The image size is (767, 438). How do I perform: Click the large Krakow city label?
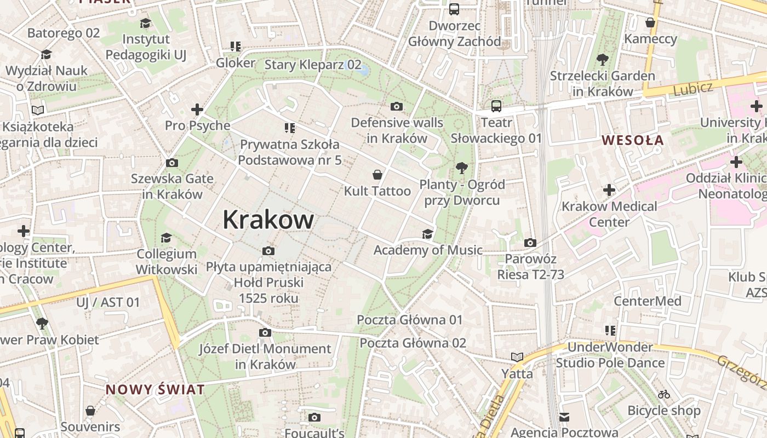click(x=268, y=220)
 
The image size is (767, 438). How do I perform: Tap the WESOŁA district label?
click(x=633, y=140)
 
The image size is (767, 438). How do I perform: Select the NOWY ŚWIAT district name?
click(x=155, y=390)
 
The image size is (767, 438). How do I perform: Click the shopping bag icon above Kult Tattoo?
click(x=377, y=175)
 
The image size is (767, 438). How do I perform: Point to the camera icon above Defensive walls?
click(x=397, y=106)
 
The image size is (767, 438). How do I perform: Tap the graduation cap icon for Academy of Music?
click(x=427, y=234)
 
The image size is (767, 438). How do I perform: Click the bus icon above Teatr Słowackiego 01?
click(x=496, y=106)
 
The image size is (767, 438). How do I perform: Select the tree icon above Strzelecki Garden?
click(x=603, y=60)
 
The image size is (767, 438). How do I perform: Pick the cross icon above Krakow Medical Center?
click(x=609, y=191)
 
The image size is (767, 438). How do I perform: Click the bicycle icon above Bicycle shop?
click(x=664, y=394)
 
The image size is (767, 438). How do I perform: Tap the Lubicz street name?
click(x=693, y=88)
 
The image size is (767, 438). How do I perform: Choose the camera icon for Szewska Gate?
click(x=172, y=163)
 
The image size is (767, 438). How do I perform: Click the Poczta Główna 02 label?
click(x=413, y=343)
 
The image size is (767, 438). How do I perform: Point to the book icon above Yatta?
click(x=517, y=358)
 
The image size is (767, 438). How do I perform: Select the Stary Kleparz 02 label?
click(x=313, y=65)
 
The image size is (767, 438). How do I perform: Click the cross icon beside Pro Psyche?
click(x=197, y=109)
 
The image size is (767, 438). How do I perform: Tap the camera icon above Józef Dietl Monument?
click(x=265, y=333)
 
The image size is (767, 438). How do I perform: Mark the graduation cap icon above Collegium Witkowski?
click(x=166, y=238)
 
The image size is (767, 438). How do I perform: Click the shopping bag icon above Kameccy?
click(x=650, y=22)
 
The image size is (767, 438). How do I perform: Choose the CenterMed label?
click(x=647, y=301)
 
